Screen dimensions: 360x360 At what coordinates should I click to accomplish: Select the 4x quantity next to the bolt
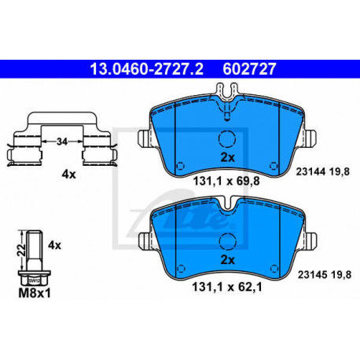coord(54,245)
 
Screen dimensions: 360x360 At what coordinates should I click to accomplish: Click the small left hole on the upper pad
coord(179,166)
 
